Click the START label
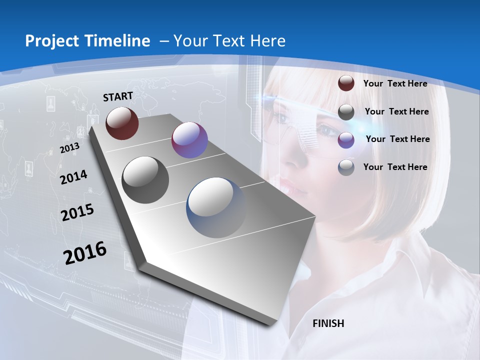pyautogui.click(x=118, y=96)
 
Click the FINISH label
pyautogui.click(x=328, y=323)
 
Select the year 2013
pyautogui.click(x=70, y=148)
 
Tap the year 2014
pyautogui.click(x=73, y=177)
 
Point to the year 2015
pyautogui.click(x=77, y=212)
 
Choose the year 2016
pyautogui.click(x=85, y=253)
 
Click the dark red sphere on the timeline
pyautogui.click(x=122, y=123)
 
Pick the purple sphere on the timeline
pyautogui.click(x=189, y=140)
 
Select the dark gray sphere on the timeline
pyautogui.click(x=145, y=180)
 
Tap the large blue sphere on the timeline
pyautogui.click(x=216, y=207)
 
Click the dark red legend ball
pyautogui.click(x=346, y=83)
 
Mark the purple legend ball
pyautogui.click(x=346, y=140)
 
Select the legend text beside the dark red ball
pyautogui.click(x=395, y=83)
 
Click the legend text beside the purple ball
pyautogui.click(x=397, y=139)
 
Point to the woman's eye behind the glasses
pyautogui.click(x=328, y=131)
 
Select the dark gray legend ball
pyautogui.click(x=346, y=112)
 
